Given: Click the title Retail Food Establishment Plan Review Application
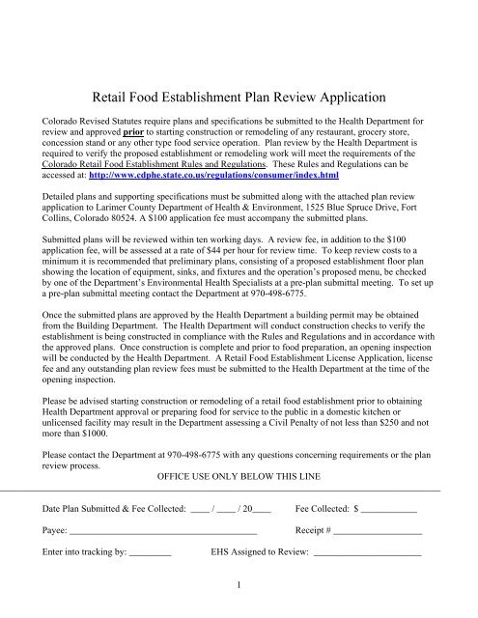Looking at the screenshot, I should pos(238,98).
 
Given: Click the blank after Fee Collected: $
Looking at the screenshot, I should pos(388,507).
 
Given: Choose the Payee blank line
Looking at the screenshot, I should pos(163,530).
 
